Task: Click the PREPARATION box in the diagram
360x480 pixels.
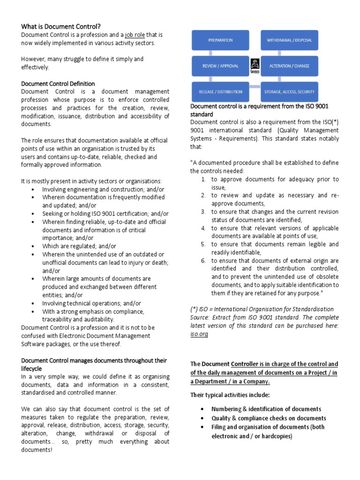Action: [220, 40]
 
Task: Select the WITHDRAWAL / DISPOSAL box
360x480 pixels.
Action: [289, 40]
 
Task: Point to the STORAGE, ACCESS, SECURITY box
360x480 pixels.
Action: [289, 91]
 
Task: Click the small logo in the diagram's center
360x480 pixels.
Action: [254, 66]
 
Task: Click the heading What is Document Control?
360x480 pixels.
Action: [61, 26]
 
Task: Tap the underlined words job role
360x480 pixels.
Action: [136, 35]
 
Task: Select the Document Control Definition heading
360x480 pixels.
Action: [58, 83]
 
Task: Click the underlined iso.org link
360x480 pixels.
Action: [199, 334]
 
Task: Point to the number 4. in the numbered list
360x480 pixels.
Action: [203, 228]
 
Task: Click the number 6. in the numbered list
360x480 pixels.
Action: [203, 261]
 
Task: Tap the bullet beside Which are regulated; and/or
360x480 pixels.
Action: [32, 246]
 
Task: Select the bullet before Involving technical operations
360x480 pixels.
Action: [32, 303]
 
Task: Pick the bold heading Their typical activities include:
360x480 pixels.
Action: [230, 395]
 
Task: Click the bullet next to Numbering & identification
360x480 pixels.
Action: [201, 409]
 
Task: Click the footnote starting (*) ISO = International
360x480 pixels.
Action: [262, 309]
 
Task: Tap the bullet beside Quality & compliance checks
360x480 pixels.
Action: [201, 418]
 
